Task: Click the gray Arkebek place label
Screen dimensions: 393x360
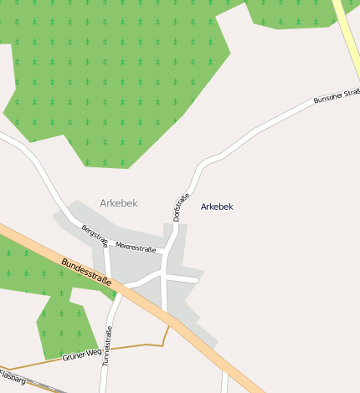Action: [x=118, y=203]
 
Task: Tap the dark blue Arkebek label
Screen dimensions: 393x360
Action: [x=217, y=207]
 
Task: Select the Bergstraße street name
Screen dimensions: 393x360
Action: [x=95, y=235]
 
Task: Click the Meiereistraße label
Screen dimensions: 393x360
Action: [x=136, y=248]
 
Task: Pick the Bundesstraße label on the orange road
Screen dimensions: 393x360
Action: [x=86, y=273]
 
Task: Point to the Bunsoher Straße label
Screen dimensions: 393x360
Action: [x=336, y=97]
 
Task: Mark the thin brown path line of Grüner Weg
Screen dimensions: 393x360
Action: [x=134, y=345]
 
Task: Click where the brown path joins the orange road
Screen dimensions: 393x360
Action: [x=169, y=325]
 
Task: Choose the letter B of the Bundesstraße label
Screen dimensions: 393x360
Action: [x=64, y=261]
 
